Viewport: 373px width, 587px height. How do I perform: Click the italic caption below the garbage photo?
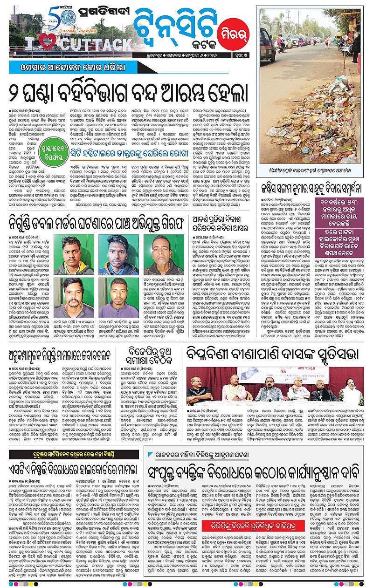coord(310,170)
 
